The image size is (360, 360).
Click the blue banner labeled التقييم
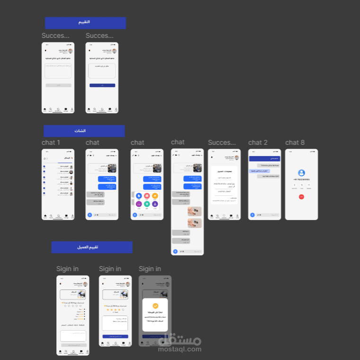[x=85, y=23]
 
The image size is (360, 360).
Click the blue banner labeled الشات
[x=84, y=131]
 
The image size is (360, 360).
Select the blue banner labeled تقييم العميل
[x=91, y=247]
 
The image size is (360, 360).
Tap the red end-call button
[x=301, y=196]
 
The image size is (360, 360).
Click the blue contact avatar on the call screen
[x=302, y=173]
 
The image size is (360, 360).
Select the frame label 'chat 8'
[x=295, y=142]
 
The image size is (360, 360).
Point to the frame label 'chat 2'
[x=258, y=142]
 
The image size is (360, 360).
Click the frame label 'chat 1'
[x=51, y=142]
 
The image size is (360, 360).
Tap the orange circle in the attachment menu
[x=155, y=196]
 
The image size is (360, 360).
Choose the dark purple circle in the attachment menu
[x=155, y=204]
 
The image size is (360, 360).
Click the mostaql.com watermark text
[x=180, y=350]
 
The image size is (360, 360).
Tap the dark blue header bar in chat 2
[x=264, y=159]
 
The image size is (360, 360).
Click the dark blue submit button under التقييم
[x=102, y=85]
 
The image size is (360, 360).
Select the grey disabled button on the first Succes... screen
[x=58, y=85]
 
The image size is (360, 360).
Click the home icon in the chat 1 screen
[x=45, y=216]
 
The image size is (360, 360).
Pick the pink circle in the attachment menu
[x=147, y=196]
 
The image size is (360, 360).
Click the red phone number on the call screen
[x=301, y=180]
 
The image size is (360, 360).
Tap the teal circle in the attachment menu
[x=147, y=204]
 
